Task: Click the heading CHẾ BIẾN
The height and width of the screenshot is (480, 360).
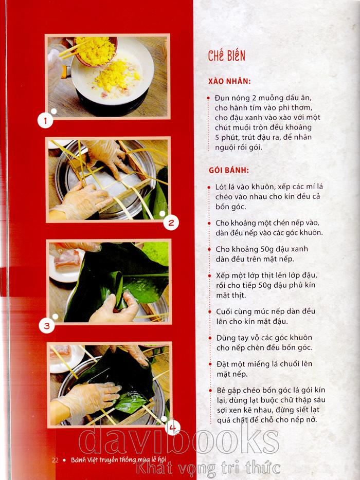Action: tap(227, 56)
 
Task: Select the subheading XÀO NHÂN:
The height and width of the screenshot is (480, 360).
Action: tap(229, 81)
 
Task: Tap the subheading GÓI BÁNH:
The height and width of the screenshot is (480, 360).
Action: tap(229, 170)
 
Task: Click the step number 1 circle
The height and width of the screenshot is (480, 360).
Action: tap(45, 120)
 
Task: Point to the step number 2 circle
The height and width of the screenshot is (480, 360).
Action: tap(171, 223)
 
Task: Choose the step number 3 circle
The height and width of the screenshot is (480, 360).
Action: tap(47, 326)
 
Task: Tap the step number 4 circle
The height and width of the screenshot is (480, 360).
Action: tap(172, 428)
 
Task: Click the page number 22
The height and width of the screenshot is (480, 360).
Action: tap(55, 460)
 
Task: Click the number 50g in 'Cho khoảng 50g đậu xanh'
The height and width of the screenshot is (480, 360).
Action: tap(260, 249)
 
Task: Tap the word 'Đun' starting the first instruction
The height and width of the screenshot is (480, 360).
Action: tap(220, 98)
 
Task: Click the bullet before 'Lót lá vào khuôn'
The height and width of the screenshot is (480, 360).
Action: tap(209, 188)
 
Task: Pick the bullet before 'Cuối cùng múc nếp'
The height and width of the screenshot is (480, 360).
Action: tap(210, 312)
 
